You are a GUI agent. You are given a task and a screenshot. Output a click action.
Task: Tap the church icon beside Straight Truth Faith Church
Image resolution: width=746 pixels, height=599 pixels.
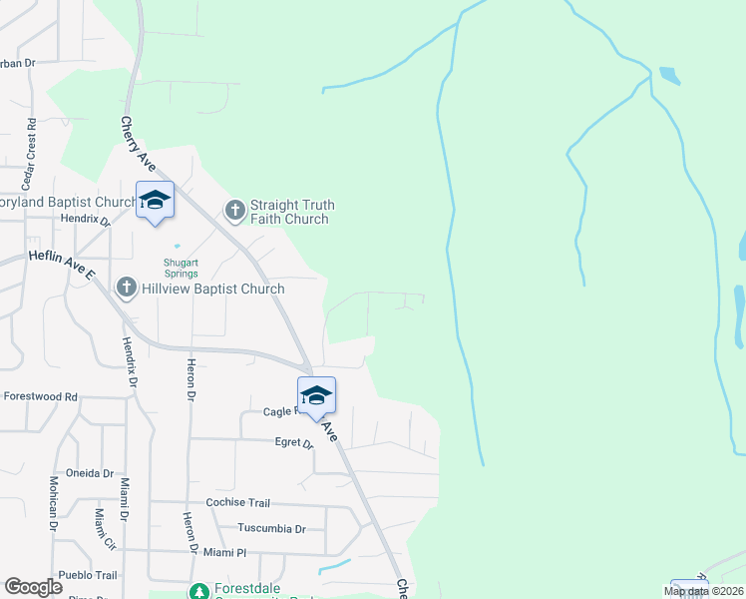click(x=235, y=210)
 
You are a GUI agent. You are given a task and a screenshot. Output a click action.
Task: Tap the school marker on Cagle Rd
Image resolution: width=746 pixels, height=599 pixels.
click(x=316, y=395)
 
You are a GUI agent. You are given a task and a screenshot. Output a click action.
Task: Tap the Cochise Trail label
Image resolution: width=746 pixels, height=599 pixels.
click(x=238, y=503)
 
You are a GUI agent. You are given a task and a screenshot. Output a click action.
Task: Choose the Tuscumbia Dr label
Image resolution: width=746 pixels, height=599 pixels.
click(x=271, y=528)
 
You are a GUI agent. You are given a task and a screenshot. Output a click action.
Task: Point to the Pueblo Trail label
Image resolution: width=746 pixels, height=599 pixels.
click(x=88, y=576)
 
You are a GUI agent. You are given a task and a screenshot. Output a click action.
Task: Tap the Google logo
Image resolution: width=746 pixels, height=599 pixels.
click(x=33, y=587)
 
